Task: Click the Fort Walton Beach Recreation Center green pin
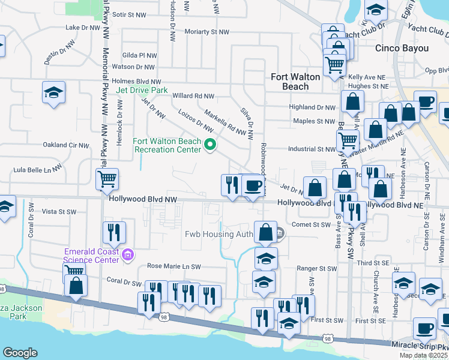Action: (x=210, y=145)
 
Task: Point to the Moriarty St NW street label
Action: (x=207, y=31)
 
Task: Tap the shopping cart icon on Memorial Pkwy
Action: (x=107, y=178)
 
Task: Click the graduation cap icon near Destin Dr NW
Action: (x=53, y=92)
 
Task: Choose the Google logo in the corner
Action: (x=20, y=353)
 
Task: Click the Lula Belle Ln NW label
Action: (x=37, y=170)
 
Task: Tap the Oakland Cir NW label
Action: (x=65, y=145)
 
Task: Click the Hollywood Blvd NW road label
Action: (x=143, y=199)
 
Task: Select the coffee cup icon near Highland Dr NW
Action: (x=425, y=101)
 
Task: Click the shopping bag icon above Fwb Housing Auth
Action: (x=265, y=232)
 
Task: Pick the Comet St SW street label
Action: (x=312, y=225)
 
